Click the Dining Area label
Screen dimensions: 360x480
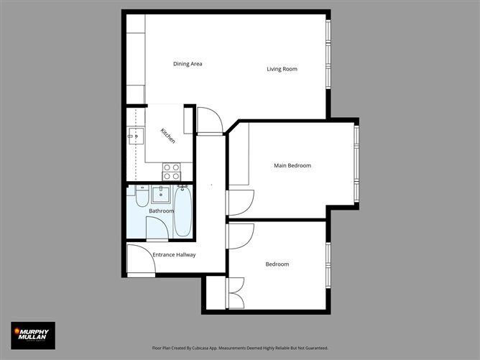click(x=188, y=64)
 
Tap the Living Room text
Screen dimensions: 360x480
click(x=282, y=69)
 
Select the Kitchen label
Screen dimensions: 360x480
click(x=167, y=136)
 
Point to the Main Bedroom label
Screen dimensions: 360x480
click(x=292, y=166)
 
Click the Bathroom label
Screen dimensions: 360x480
click(x=161, y=211)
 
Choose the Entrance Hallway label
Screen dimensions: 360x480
click(x=174, y=255)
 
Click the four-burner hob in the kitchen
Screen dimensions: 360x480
click(x=172, y=171)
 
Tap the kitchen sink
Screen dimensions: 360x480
click(x=134, y=135)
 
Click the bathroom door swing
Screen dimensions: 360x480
click(x=157, y=229)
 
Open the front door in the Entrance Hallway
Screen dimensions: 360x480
click(x=140, y=259)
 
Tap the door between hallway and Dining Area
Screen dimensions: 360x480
click(x=210, y=121)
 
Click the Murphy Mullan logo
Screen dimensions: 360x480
click(x=32, y=335)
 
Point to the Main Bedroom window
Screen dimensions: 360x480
click(x=356, y=165)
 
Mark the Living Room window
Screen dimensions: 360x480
click(x=328, y=54)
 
